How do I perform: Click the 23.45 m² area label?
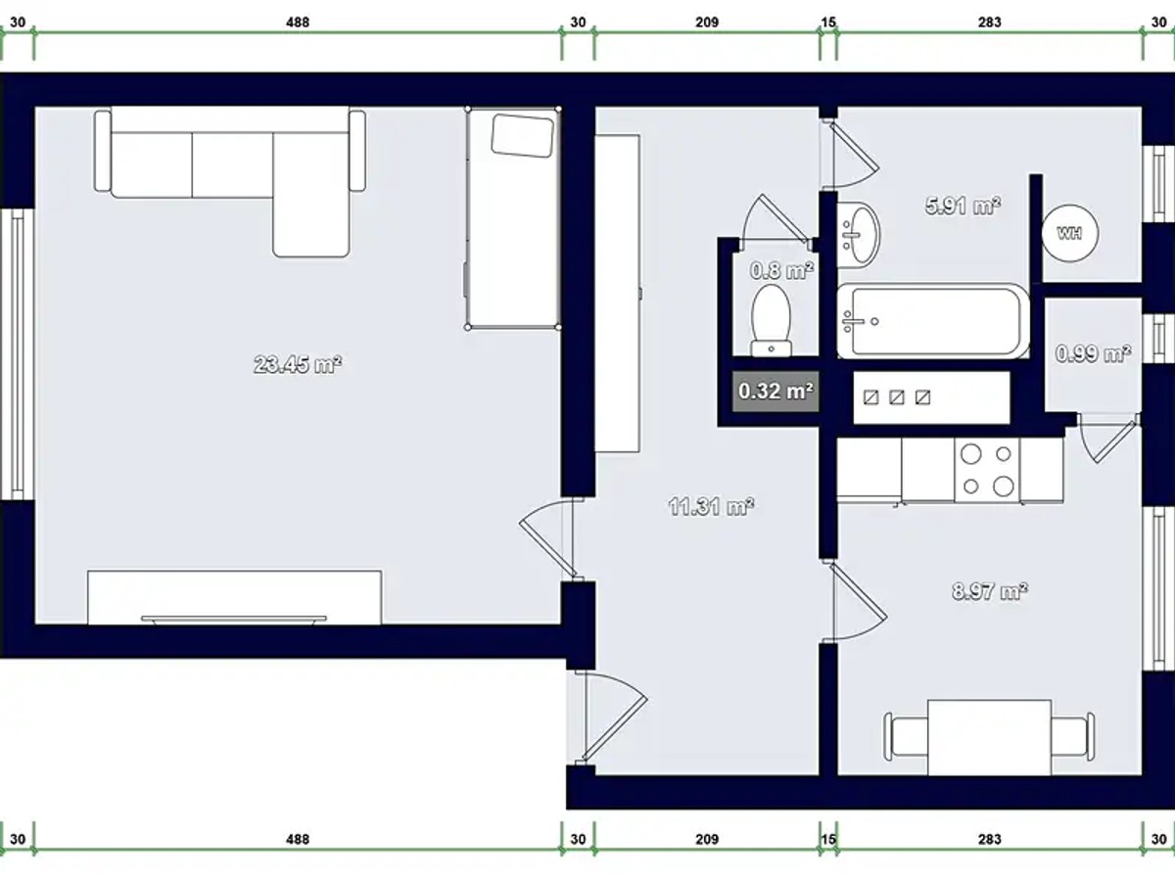coord(298,365)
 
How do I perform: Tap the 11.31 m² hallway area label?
coord(712,506)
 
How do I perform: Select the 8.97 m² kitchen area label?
coord(990,591)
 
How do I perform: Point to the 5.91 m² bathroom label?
coord(963,206)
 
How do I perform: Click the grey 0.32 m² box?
coord(775,391)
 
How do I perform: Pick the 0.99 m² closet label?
coord(1093,353)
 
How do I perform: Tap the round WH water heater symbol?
coord(1070,233)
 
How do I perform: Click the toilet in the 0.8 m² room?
coord(772,320)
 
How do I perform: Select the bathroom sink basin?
coord(858,235)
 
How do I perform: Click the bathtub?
coord(933,321)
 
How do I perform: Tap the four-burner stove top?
coord(987,470)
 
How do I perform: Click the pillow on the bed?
coord(523,135)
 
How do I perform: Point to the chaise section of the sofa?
coord(311,195)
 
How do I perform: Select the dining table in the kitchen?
coord(989,737)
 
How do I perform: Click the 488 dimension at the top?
coord(298,23)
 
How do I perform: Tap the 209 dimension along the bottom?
coord(707,839)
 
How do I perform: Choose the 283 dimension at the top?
coord(989,23)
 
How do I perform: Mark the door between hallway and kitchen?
coord(855,602)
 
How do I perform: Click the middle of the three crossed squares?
coord(897,397)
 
